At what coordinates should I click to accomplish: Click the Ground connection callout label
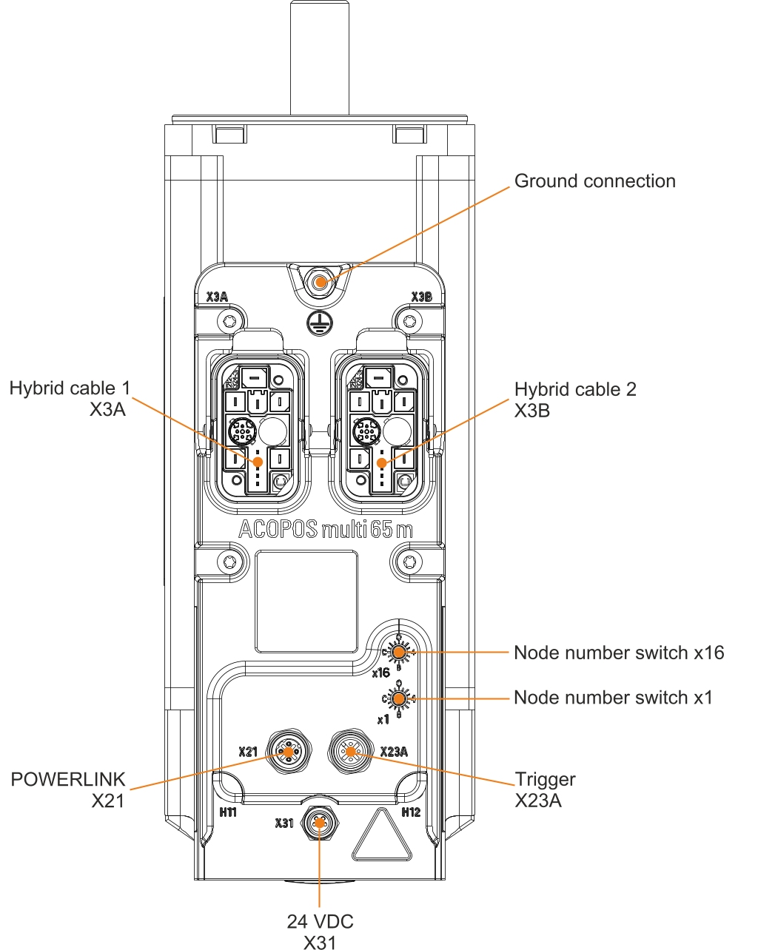[x=594, y=181]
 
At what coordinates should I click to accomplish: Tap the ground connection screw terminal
[x=321, y=282]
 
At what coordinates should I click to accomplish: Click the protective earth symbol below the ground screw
[x=319, y=320]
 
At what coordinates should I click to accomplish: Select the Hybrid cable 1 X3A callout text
[x=70, y=399]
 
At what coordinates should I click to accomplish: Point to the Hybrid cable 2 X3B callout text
[x=574, y=400]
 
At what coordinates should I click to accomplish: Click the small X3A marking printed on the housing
[x=217, y=297]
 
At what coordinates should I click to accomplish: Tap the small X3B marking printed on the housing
[x=421, y=297]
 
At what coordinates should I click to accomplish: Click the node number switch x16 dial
[x=399, y=652]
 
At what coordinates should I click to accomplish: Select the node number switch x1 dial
[x=399, y=698]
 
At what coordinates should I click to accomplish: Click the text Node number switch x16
[x=618, y=653]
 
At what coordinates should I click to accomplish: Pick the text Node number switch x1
[x=612, y=698]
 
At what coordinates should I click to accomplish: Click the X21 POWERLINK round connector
[x=286, y=752]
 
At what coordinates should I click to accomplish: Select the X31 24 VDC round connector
[x=319, y=822]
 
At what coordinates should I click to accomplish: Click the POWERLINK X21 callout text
[x=69, y=789]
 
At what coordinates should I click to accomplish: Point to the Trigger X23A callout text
[x=544, y=789]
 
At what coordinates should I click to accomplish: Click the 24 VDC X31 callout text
[x=320, y=932]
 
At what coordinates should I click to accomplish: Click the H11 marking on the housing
[x=228, y=812]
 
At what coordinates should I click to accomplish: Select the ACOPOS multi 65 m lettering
[x=325, y=530]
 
